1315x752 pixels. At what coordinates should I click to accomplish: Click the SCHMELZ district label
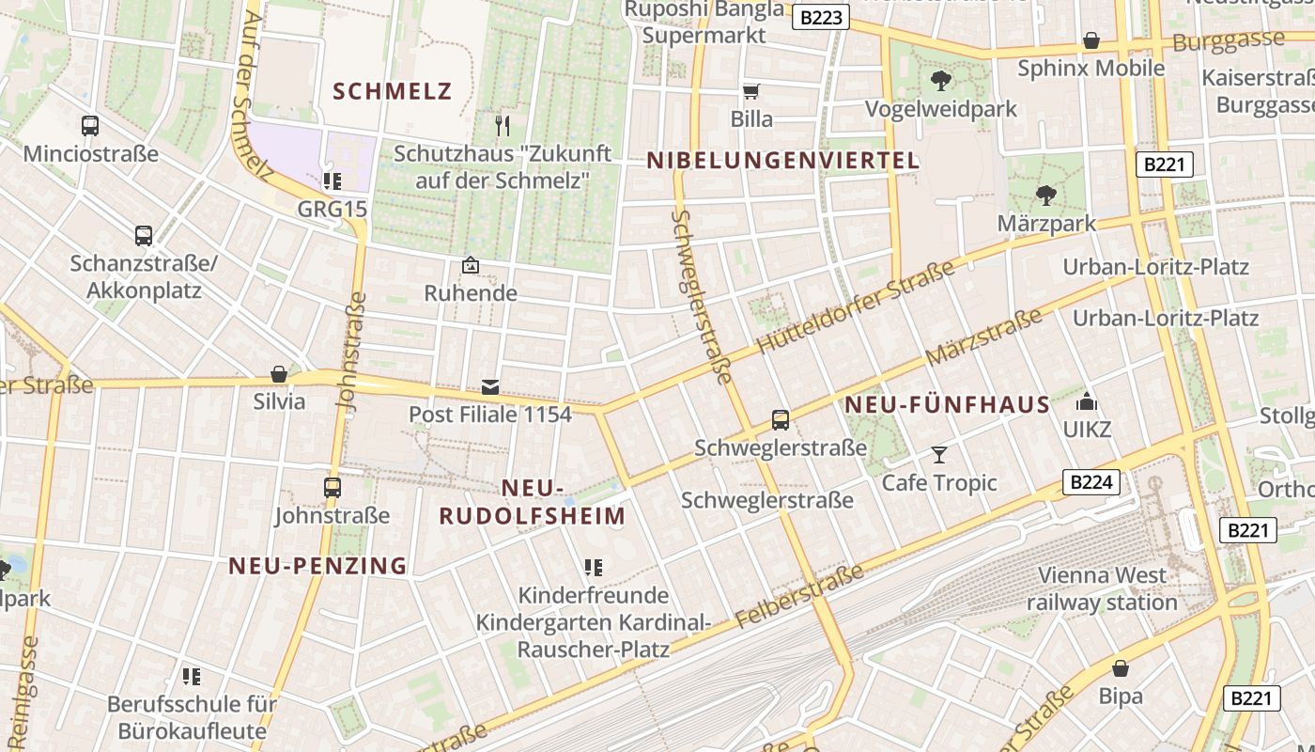coord(393,91)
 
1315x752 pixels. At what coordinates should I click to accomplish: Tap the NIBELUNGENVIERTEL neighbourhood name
coord(783,161)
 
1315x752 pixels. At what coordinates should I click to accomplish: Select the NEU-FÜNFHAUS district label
coord(947,405)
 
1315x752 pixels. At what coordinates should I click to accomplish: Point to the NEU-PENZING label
coord(318,566)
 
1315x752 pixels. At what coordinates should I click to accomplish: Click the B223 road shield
coord(820,17)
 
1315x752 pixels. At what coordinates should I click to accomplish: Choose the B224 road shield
coord(1092,483)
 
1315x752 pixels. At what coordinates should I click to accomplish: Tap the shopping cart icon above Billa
coord(750,92)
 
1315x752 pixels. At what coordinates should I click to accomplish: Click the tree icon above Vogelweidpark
coord(940,81)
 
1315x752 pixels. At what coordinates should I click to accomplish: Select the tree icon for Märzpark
coord(1045,196)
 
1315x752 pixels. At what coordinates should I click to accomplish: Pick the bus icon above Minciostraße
coord(90,126)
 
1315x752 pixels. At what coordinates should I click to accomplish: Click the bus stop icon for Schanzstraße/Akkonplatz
coord(144,236)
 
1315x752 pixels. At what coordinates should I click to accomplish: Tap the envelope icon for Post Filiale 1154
coord(489,386)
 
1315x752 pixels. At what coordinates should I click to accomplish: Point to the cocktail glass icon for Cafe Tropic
coord(938,456)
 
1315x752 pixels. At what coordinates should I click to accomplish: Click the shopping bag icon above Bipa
coord(1120,668)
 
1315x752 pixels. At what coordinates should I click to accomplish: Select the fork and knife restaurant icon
coord(503,125)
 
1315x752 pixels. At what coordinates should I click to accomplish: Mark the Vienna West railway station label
coord(1102,588)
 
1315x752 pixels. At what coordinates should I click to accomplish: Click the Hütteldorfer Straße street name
coord(855,307)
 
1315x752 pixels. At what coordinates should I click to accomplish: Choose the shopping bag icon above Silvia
coord(279,374)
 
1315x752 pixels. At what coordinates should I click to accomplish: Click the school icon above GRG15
coord(332,180)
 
